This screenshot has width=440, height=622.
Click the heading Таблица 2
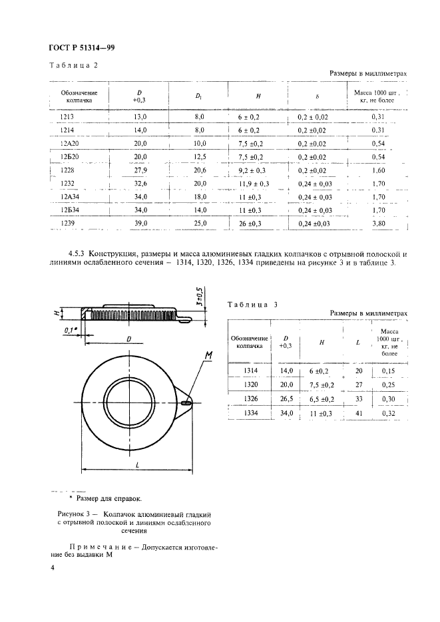[74, 65]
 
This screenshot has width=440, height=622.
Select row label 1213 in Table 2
[67, 116]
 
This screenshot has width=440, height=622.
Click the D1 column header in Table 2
[198, 97]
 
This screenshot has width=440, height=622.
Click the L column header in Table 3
[358, 342]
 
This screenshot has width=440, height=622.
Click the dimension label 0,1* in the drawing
[70, 329]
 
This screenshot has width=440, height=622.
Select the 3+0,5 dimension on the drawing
[201, 295]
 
